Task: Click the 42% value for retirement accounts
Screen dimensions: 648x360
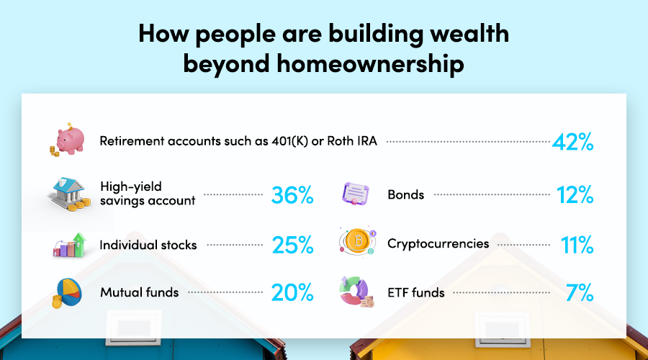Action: [573, 142]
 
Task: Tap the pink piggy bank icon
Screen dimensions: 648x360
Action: [68, 140]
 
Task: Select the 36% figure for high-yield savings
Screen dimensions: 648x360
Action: [292, 195]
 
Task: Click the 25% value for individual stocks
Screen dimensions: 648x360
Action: [292, 245]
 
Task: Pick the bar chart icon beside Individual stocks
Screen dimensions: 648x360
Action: [69, 245]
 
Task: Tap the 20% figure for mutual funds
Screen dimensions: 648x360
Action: [292, 292]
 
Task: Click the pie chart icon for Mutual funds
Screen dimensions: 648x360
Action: [67, 292]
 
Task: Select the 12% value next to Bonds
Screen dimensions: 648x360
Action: [575, 194]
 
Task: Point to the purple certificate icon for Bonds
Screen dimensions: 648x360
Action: [356, 194]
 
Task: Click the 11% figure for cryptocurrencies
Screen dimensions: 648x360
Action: [577, 245]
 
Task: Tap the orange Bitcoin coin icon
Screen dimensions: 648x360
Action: [357, 241]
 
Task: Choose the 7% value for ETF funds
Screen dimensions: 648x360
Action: [580, 292]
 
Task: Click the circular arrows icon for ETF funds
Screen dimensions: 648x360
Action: [356, 292]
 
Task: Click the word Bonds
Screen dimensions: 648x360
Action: [406, 194]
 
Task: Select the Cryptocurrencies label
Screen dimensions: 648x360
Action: [438, 244]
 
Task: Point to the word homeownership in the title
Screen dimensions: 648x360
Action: [370, 64]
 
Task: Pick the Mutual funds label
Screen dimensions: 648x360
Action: [139, 292]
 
